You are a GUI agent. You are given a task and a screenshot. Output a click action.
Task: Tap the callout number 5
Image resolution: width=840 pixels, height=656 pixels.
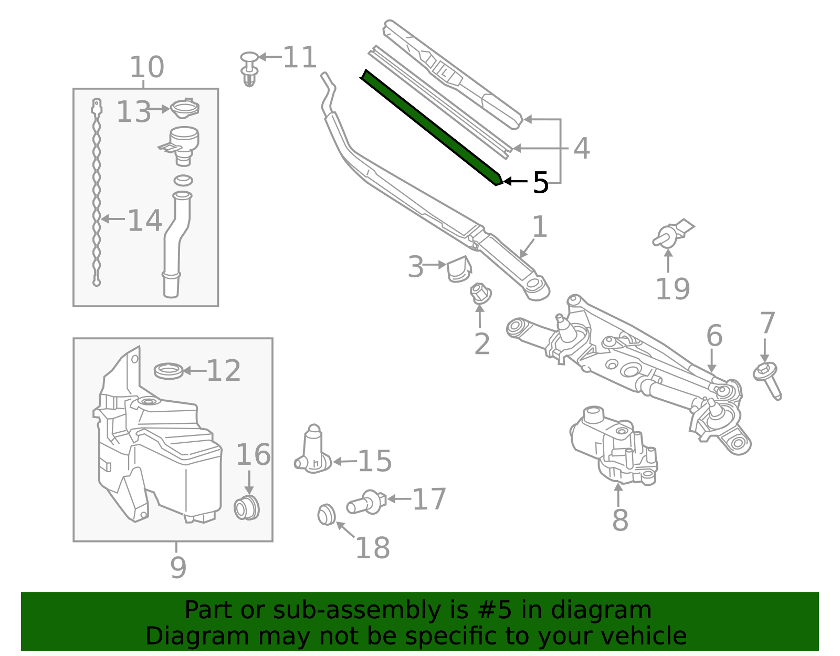coord(540,183)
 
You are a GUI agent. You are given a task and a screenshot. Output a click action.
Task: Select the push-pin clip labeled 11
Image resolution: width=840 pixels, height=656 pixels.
coord(250,69)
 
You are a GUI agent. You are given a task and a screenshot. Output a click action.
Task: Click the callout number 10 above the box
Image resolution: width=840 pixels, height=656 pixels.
coord(146,67)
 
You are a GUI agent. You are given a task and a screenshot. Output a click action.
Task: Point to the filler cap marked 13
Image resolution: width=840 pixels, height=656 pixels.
coord(185,109)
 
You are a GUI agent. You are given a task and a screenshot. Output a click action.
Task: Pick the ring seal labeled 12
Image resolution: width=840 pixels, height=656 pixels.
coord(169,371)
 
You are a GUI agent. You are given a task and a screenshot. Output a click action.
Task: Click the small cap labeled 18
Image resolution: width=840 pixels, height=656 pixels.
coord(327,515)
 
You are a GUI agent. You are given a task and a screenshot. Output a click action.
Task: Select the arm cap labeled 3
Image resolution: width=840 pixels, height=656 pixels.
coord(458,269)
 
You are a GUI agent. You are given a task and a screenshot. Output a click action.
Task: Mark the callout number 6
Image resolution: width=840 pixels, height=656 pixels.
coord(714,336)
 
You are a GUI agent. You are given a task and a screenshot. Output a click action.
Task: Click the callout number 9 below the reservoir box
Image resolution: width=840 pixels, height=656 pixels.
coord(178,567)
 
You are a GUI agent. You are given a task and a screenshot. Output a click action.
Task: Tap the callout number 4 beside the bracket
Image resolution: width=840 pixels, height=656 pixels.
coord(581,149)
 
